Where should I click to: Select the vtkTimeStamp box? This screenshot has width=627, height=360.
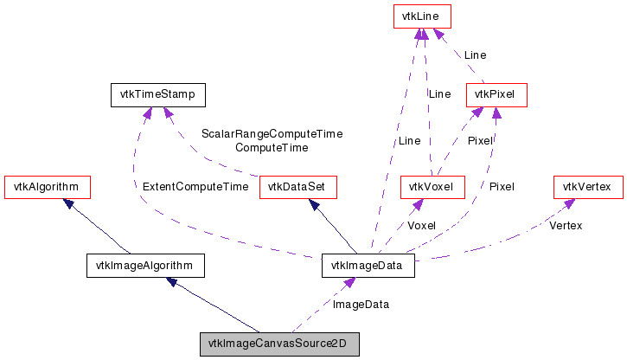click(x=145, y=93)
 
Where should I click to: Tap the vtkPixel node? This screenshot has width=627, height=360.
click(x=496, y=93)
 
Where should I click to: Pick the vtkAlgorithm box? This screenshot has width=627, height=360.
click(x=48, y=186)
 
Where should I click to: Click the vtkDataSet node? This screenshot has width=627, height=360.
click(x=298, y=186)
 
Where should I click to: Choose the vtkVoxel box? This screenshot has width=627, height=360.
click(x=433, y=186)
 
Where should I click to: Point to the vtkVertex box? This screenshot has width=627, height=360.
click(x=587, y=186)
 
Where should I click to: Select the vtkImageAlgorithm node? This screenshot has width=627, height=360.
click(x=145, y=265)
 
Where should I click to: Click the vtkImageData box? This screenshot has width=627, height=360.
click(x=368, y=265)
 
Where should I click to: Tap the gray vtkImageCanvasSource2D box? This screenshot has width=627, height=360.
click(x=279, y=344)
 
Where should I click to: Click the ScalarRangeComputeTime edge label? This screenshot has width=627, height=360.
click(x=272, y=134)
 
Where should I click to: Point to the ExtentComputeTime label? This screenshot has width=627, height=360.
click(x=195, y=186)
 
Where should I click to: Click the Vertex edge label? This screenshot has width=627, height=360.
click(x=566, y=226)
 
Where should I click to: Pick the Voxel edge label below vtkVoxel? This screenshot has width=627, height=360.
click(x=421, y=226)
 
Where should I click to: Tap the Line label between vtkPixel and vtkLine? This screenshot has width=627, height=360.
click(x=475, y=55)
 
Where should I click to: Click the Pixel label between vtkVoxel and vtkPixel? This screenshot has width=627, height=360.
click(x=480, y=140)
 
